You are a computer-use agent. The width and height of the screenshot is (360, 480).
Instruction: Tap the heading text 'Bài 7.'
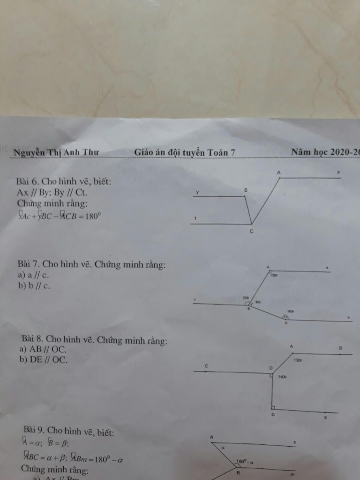(x=29, y=264)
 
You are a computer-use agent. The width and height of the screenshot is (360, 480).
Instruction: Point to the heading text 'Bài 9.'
(x=34, y=430)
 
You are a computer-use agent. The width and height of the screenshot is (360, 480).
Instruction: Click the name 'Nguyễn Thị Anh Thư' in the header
(x=56, y=153)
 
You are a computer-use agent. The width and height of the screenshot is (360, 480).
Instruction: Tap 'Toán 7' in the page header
(x=221, y=153)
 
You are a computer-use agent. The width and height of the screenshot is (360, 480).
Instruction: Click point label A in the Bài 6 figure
(x=279, y=173)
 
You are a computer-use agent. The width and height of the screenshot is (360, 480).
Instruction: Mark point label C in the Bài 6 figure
(x=251, y=231)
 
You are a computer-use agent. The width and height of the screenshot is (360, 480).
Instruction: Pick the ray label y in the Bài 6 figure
(x=197, y=192)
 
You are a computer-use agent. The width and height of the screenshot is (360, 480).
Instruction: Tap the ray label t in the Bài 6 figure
(x=195, y=218)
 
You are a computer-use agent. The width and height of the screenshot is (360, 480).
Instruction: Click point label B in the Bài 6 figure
(x=246, y=190)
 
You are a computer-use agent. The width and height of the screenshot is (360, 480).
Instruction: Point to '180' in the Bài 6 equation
(x=91, y=216)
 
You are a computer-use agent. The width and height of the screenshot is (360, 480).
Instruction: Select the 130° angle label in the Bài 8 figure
(x=298, y=360)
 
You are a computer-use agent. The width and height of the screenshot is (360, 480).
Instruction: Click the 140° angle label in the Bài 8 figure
(x=282, y=377)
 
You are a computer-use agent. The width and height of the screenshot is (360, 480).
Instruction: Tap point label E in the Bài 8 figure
(x=326, y=418)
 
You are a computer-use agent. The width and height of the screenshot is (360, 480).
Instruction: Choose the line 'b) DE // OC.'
(x=43, y=360)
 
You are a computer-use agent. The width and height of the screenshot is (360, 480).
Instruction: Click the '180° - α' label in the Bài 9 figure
(x=245, y=462)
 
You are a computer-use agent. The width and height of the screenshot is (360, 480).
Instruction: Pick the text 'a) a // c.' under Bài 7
(x=33, y=275)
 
